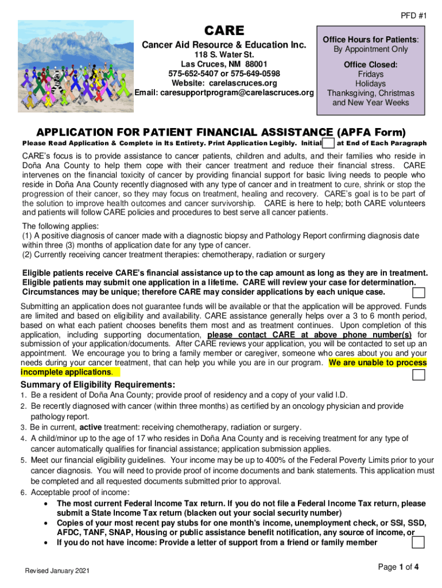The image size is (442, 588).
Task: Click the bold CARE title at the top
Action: click(225, 30)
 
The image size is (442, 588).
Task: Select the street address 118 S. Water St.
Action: click(224, 55)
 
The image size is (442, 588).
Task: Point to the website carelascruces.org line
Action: click(224, 83)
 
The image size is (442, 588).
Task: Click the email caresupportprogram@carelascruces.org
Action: click(224, 93)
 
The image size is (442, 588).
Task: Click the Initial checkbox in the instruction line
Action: click(329, 143)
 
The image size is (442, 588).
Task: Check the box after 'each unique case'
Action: click(420, 292)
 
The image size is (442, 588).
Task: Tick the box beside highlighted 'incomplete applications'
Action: click(420, 375)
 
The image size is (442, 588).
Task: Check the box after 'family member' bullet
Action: click(419, 543)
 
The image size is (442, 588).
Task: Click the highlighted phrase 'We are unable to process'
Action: click(378, 363)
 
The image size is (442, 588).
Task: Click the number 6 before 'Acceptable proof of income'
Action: click(24, 493)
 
